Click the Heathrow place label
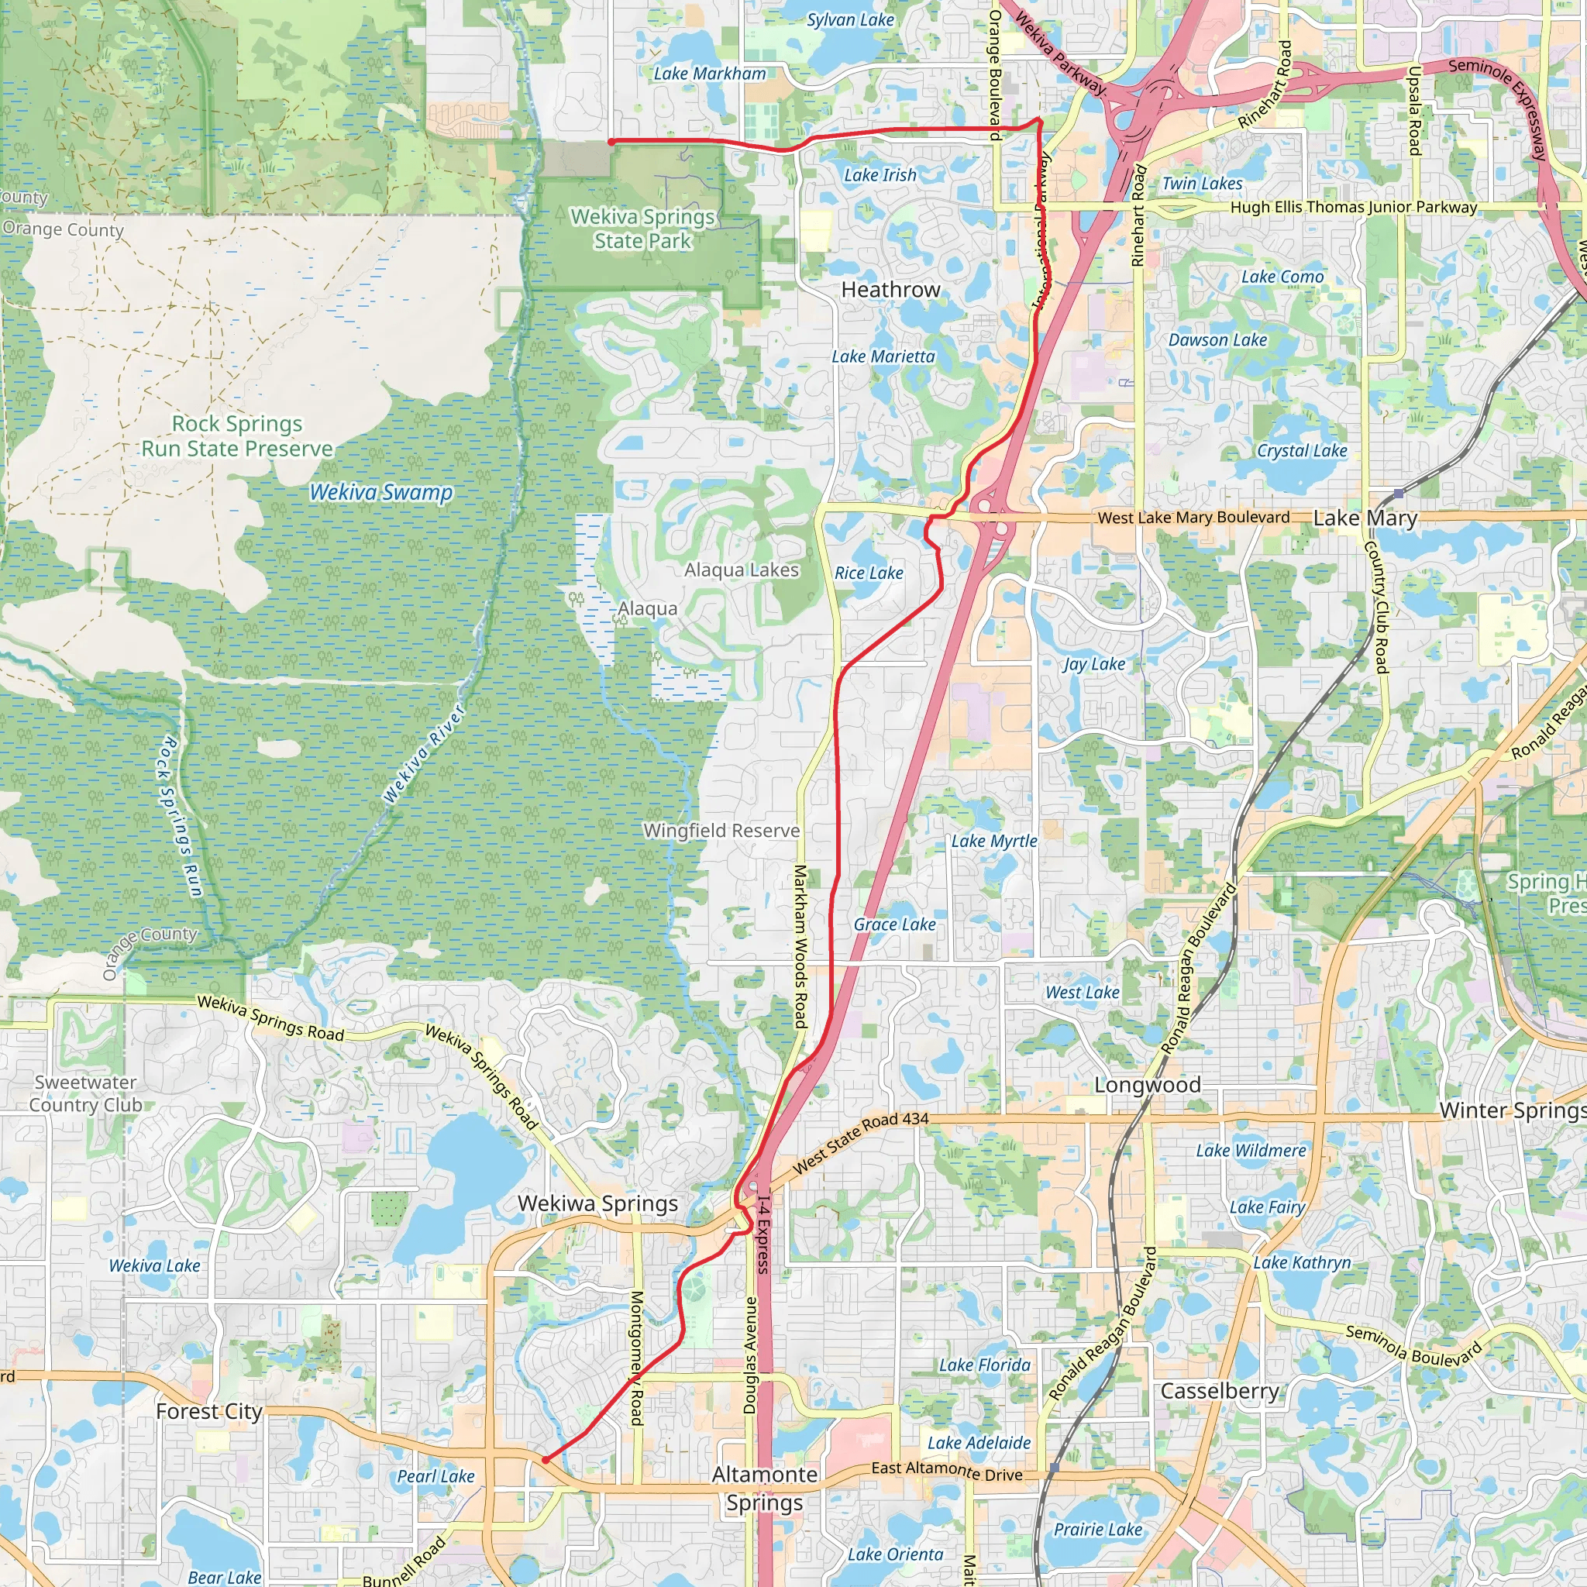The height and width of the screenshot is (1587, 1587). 890,290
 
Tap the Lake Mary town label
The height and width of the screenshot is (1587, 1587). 1365,518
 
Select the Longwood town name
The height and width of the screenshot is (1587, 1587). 1147,1085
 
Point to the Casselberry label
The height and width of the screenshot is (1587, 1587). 1220,1391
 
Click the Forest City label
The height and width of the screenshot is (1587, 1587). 209,1411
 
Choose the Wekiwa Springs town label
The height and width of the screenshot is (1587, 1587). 597,1203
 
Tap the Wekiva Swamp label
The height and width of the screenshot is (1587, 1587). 381,492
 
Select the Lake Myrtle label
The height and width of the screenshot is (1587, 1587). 994,841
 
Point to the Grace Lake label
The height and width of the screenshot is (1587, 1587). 894,924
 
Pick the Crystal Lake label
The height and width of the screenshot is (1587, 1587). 1302,450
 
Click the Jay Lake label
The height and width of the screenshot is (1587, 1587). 1093,664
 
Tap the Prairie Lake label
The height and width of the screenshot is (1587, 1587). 1097,1530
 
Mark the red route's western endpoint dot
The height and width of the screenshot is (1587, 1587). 611,142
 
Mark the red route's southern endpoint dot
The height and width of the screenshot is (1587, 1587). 545,1460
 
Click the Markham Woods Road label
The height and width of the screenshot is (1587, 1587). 800,945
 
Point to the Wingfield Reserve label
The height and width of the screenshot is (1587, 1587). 721,831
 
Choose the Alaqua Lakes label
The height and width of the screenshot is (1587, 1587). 742,570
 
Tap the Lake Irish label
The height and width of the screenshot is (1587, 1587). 880,175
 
